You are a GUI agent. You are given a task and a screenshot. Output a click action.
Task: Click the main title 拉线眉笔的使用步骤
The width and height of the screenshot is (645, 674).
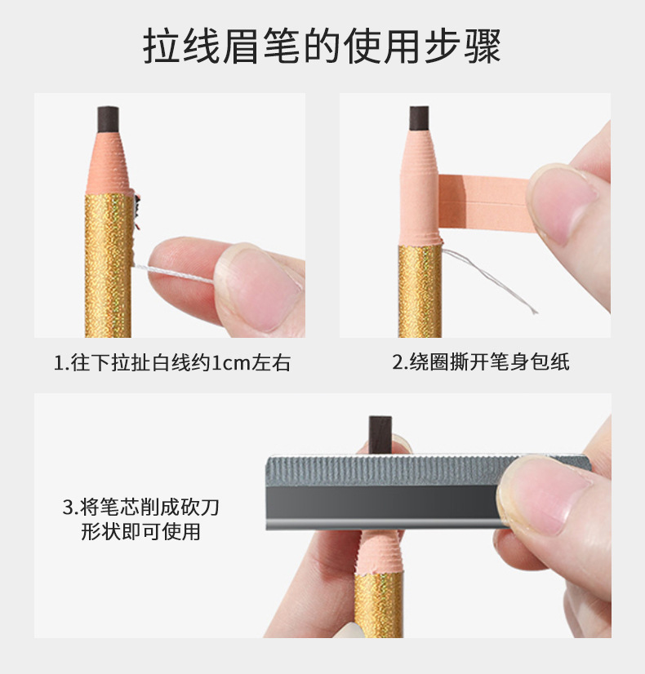tap(322, 46)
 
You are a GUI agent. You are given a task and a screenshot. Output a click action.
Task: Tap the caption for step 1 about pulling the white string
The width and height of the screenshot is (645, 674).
tap(172, 362)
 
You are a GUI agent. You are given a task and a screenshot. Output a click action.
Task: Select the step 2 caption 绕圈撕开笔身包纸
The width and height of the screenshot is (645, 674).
tap(481, 361)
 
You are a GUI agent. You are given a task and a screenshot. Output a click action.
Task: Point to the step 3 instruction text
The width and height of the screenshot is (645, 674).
tap(141, 519)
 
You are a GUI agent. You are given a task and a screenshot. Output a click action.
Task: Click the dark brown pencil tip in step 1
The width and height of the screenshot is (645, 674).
tap(108, 119)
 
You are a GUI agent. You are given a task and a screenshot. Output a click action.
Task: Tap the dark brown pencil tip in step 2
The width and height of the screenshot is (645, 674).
tap(420, 118)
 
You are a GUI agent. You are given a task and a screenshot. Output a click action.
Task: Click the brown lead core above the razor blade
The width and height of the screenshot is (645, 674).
tap(380, 434)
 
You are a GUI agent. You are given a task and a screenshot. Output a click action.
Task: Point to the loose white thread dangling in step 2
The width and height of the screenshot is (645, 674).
tap(490, 280)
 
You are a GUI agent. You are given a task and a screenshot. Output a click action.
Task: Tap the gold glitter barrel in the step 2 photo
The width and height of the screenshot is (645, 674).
tap(420, 291)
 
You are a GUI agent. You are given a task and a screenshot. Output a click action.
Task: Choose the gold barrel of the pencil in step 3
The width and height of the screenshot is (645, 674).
tap(378, 604)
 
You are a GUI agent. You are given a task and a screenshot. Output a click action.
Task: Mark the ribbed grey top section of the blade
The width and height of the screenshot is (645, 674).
tap(387, 471)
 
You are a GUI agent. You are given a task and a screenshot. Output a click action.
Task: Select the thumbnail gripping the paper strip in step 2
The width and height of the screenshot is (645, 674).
tap(561, 203)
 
